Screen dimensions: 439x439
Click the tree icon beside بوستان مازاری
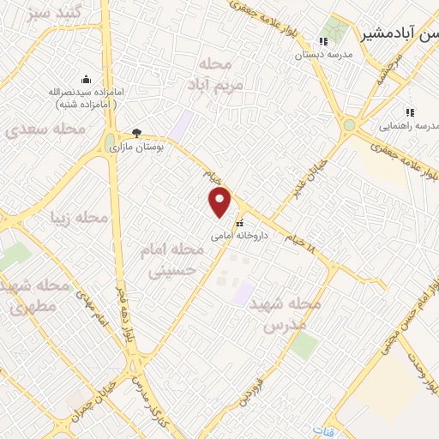(136, 133)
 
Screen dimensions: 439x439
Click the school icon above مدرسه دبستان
(323, 41)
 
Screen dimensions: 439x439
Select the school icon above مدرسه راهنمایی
(410, 112)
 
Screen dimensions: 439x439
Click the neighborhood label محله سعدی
(45, 129)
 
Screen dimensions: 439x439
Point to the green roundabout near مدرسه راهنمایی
(349, 125)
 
